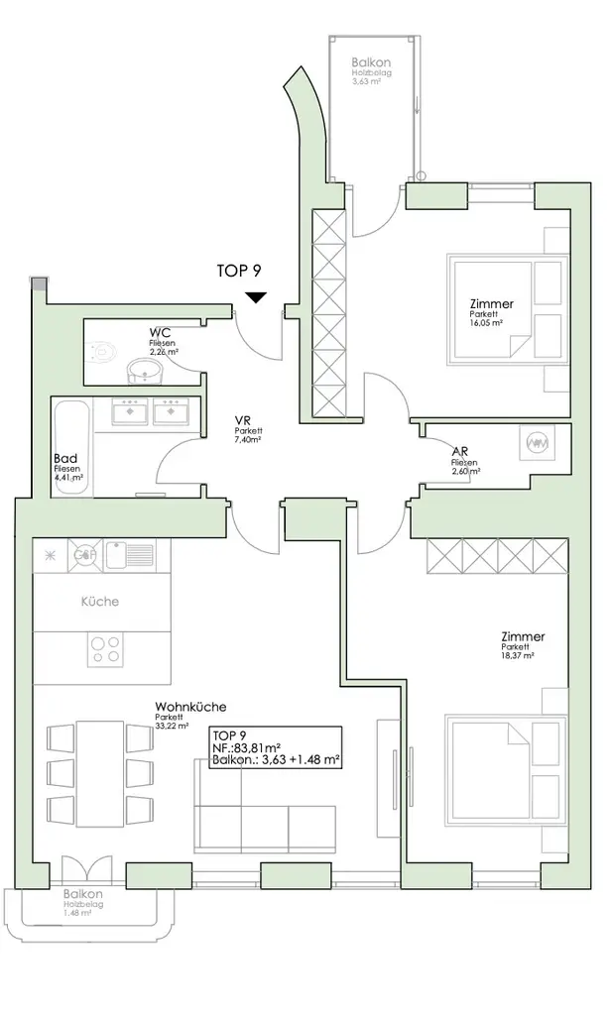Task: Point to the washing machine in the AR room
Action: click(x=538, y=445)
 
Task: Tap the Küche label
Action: click(x=100, y=602)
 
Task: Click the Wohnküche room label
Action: click(x=190, y=708)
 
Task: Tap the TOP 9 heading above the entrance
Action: click(x=238, y=270)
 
